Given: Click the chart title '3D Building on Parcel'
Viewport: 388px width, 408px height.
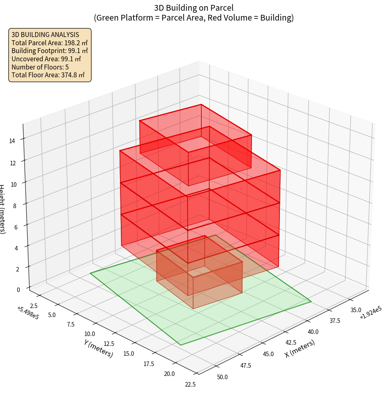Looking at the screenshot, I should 194,8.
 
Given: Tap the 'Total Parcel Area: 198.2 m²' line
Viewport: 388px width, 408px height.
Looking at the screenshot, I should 50,43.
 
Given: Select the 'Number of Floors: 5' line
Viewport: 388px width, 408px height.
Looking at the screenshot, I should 40,67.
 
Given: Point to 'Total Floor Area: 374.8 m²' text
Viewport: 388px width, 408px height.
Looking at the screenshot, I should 48,75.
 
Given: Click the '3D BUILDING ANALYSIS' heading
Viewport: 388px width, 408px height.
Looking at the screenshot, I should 45,35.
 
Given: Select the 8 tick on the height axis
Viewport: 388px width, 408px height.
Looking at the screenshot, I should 15,206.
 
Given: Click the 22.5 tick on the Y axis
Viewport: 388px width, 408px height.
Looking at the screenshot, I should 190,385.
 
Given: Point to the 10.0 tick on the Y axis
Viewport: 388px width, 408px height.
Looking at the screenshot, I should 89,334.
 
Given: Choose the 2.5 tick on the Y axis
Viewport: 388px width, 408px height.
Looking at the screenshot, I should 34,306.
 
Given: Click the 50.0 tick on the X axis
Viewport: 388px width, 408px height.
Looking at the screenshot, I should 222,377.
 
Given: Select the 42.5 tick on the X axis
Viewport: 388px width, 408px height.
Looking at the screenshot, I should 291,342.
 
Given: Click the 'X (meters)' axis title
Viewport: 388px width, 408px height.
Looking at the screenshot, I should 300,348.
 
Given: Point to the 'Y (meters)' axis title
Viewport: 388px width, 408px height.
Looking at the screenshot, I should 99,348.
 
